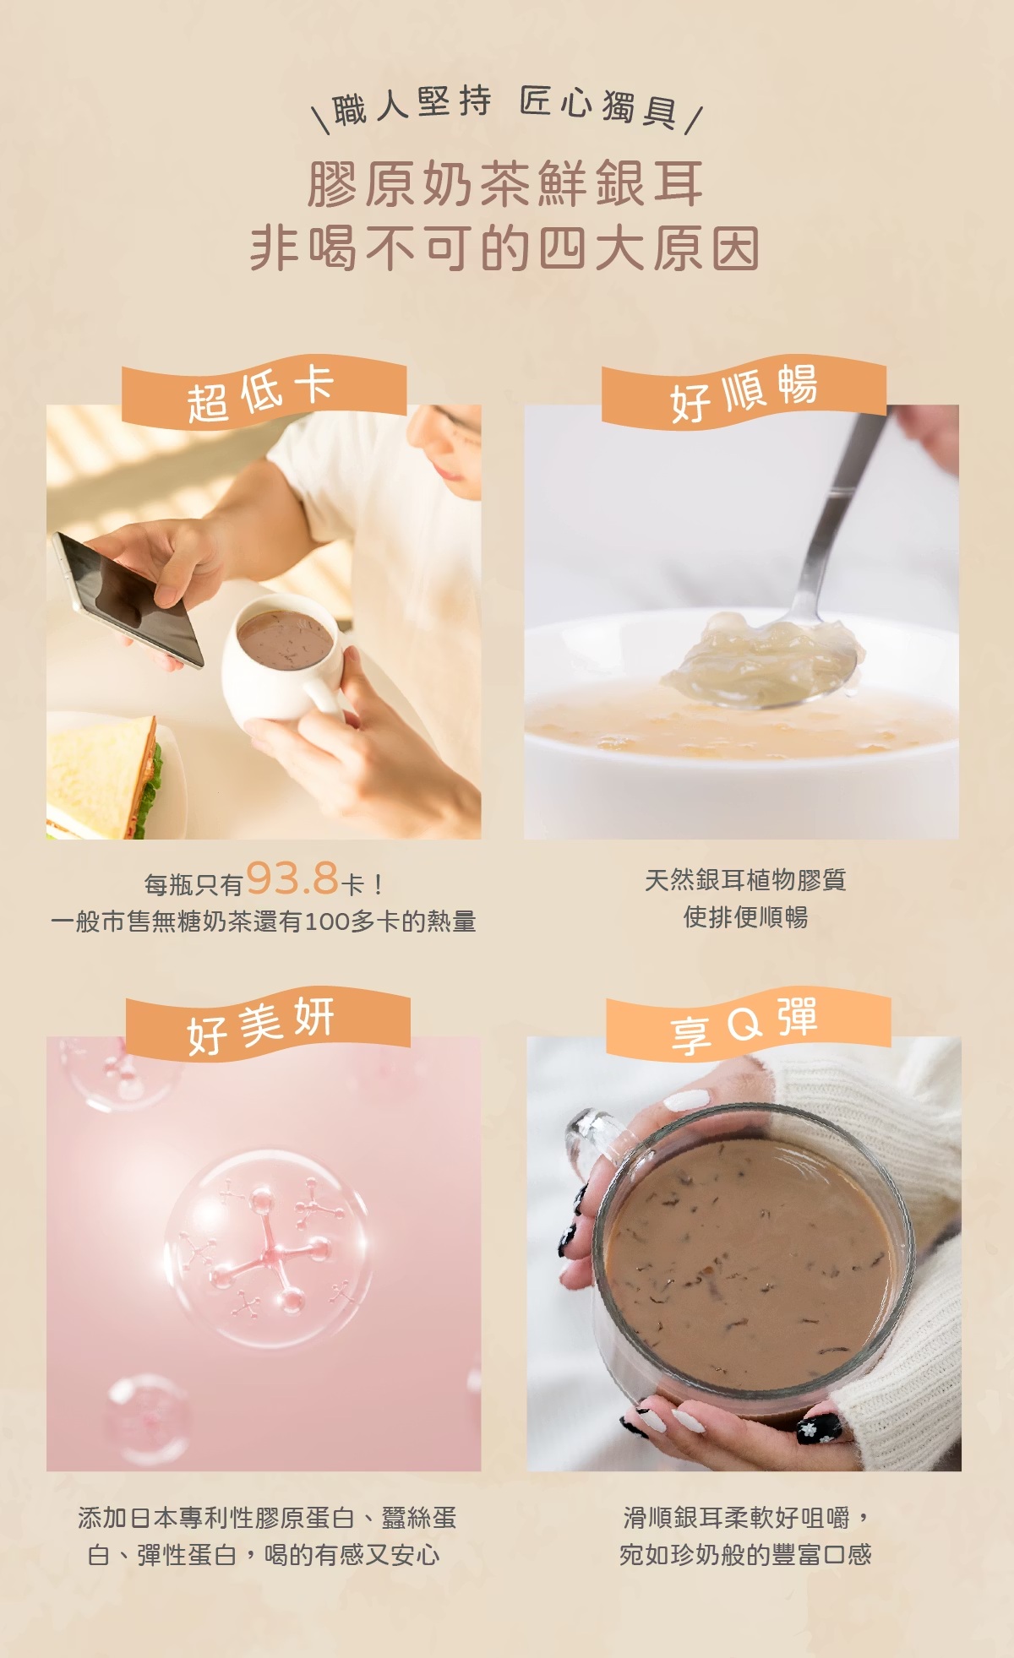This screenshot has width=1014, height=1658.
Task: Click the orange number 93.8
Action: [292, 878]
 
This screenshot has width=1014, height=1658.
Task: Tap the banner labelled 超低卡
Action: [264, 392]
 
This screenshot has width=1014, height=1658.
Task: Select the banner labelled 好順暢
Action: [744, 392]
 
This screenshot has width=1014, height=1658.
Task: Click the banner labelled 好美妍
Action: [268, 1024]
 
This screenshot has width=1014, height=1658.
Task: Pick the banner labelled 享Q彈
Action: [748, 1024]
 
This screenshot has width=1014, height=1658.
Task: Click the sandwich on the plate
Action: [104, 778]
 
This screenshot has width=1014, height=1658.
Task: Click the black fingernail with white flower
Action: [818, 1427]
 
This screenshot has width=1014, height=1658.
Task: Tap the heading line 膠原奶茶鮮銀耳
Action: [505, 183]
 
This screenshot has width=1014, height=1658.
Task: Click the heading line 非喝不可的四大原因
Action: [505, 248]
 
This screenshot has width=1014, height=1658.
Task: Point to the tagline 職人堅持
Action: [412, 106]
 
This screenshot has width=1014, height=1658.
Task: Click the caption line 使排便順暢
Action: [746, 916]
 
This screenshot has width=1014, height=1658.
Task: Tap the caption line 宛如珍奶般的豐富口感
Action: [745, 1554]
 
